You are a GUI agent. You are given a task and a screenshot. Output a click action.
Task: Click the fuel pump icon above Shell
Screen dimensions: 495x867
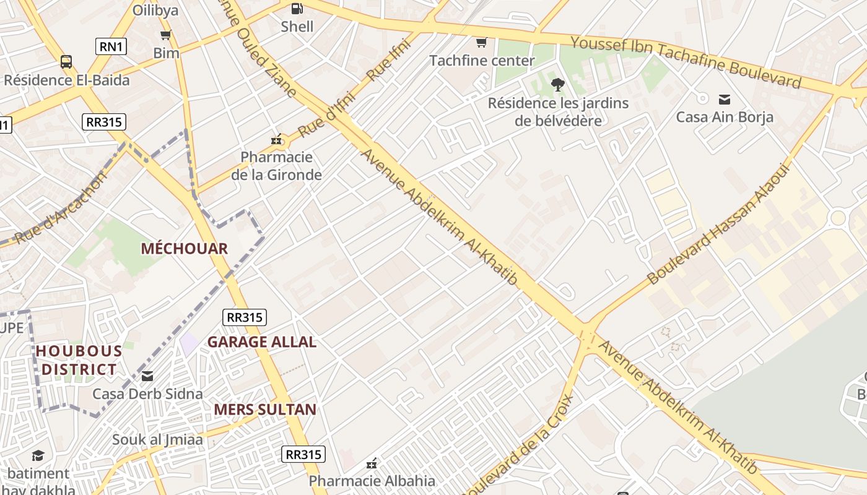[297, 8]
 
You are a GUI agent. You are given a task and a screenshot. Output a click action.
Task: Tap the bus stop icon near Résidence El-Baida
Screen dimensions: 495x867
[66, 62]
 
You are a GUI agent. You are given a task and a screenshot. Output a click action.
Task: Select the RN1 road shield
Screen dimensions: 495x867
[111, 46]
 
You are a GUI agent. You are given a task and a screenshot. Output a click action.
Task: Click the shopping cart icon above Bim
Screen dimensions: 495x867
[165, 35]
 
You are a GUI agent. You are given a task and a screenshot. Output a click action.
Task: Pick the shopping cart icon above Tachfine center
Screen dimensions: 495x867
[481, 43]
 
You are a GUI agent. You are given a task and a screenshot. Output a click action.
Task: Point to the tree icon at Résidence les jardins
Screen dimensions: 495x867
[557, 85]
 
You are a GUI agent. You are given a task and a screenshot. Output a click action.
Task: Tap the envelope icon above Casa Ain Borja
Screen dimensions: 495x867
[724, 99]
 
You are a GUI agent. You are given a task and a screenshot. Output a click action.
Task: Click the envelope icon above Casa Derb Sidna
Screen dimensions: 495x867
[147, 376]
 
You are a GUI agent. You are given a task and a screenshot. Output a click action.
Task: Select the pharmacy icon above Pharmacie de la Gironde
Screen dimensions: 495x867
[277, 140]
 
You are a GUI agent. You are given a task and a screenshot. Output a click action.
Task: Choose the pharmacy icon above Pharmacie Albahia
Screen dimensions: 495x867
[372, 463]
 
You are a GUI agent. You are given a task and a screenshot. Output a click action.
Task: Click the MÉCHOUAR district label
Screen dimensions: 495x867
[184, 249]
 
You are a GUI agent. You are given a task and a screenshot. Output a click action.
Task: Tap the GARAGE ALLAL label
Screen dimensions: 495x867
[261, 342]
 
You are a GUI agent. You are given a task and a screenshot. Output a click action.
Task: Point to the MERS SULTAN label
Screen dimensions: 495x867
[265, 410]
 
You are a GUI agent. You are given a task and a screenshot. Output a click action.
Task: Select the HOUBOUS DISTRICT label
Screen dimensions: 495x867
[78, 360]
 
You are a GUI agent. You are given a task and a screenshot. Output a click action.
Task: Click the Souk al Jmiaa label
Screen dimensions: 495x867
[157, 440]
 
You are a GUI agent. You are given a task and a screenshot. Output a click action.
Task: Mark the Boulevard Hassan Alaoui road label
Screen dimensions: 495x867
[719, 223]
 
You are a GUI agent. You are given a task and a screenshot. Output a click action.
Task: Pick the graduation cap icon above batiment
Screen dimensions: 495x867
[38, 456]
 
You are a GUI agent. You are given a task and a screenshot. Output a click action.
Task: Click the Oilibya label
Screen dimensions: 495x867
[155, 11]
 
